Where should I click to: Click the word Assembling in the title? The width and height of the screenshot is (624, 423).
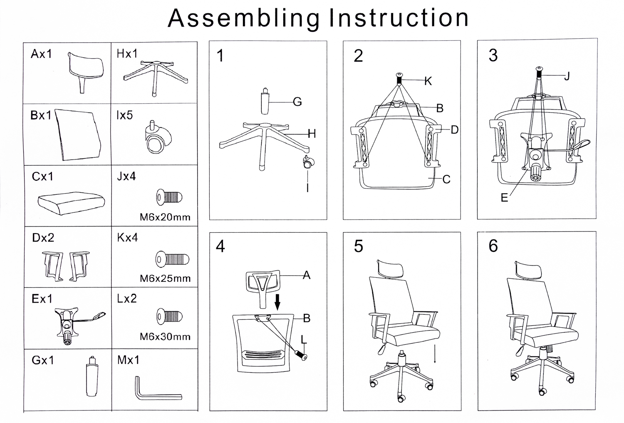pyautogui.click(x=244, y=18)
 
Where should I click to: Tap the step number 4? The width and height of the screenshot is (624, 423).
pyautogui.click(x=220, y=246)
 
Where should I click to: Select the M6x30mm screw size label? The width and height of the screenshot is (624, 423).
pyautogui.click(x=165, y=336)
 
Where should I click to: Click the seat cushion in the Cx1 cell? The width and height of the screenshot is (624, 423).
pyautogui.click(x=71, y=202)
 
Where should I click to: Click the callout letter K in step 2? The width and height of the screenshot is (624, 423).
pyautogui.click(x=428, y=81)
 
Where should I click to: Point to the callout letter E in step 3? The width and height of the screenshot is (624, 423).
pyautogui.click(x=504, y=198)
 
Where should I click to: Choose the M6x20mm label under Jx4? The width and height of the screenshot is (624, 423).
pyautogui.click(x=165, y=217)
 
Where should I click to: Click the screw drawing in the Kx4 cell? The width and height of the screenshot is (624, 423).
pyautogui.click(x=172, y=259)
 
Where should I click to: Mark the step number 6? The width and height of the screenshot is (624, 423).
pyautogui.click(x=493, y=246)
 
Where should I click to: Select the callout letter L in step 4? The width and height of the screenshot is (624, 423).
pyautogui.click(x=304, y=340)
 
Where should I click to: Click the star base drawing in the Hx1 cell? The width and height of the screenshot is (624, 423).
pyautogui.click(x=155, y=76)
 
